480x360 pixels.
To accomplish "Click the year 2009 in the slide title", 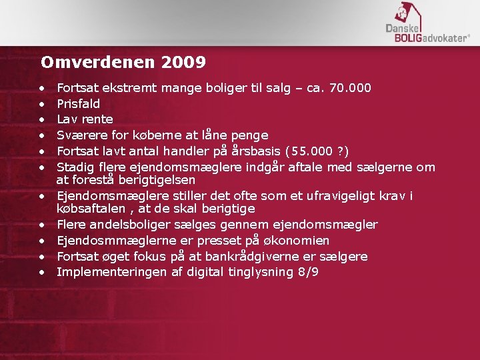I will click(x=183, y=63).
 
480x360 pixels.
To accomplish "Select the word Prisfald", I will click(x=78, y=103).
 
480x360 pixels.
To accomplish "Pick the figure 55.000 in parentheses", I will click(x=312, y=151).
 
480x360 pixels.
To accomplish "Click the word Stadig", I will click(x=75, y=167).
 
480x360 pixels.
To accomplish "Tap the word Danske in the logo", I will click(x=401, y=29).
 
